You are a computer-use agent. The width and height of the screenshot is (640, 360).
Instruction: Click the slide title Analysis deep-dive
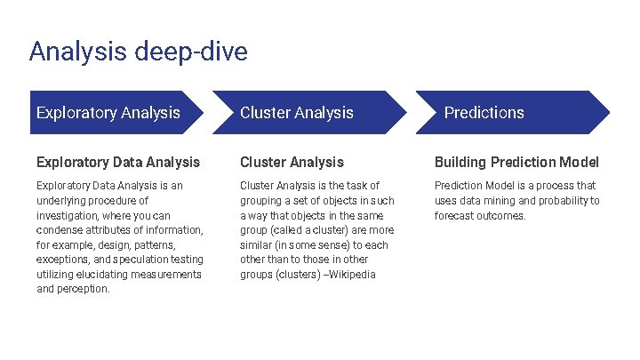click(x=138, y=52)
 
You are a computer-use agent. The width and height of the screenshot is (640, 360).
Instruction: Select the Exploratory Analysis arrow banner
click(x=108, y=113)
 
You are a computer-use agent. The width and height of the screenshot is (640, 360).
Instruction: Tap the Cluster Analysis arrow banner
click(x=297, y=113)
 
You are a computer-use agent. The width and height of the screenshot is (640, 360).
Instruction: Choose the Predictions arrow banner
click(x=484, y=113)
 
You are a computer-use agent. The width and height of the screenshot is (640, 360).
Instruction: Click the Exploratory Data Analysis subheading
click(x=118, y=162)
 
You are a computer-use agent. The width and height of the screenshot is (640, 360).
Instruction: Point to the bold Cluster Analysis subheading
click(x=292, y=162)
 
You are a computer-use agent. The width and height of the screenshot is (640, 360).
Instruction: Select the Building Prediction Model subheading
click(x=516, y=162)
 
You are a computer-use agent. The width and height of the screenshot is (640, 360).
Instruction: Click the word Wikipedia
click(x=353, y=274)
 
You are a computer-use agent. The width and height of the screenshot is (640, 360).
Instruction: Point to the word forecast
click(x=455, y=215)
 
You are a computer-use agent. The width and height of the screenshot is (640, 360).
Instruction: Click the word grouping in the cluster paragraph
click(x=260, y=201)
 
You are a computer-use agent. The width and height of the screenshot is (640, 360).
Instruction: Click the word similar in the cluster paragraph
click(x=258, y=244)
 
